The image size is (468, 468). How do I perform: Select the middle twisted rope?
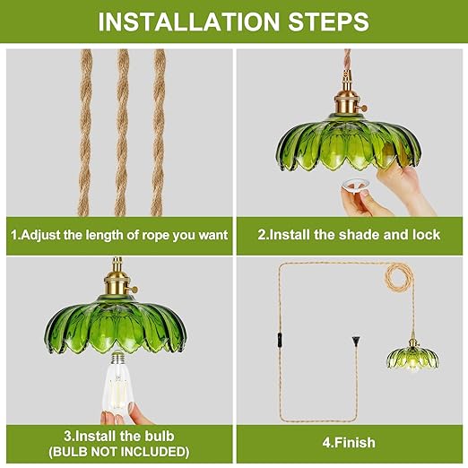[120, 130]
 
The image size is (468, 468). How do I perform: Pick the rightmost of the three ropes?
[160, 130]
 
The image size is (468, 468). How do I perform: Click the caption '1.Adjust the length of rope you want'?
[118, 235]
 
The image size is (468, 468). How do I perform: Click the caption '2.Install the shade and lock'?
[349, 235]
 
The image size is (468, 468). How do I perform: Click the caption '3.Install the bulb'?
[118, 437]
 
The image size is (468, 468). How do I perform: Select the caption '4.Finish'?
[349, 442]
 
